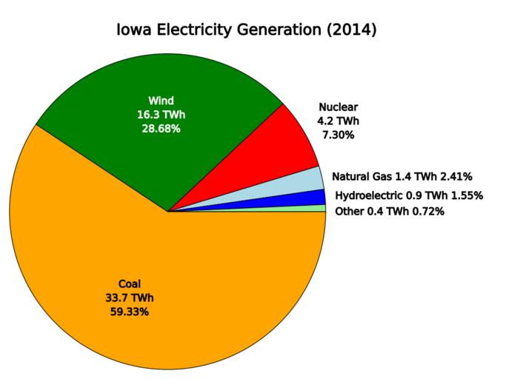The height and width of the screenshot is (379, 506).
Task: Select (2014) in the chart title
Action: (352, 31)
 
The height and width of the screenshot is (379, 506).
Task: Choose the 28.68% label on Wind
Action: (161, 128)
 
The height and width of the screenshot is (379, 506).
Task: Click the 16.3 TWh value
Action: (161, 115)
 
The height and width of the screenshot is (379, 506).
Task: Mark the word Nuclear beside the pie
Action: (338, 107)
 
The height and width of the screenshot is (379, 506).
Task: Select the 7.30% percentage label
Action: (338, 135)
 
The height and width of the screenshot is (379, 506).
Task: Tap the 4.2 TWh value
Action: (338, 121)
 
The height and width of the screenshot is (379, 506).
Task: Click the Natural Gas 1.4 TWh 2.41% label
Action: (402, 176)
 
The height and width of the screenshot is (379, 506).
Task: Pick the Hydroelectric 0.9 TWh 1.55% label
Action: (409, 195)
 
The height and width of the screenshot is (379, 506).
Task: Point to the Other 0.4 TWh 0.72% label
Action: (390, 212)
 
